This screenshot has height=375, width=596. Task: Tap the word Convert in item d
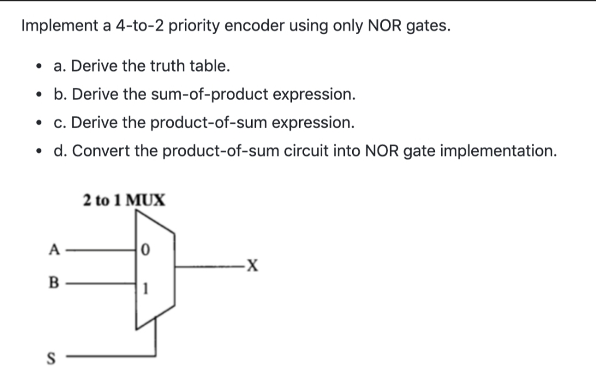[99, 151]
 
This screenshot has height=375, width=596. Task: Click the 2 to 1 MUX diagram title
[124, 200]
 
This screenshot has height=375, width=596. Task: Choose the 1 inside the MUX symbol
[145, 288]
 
